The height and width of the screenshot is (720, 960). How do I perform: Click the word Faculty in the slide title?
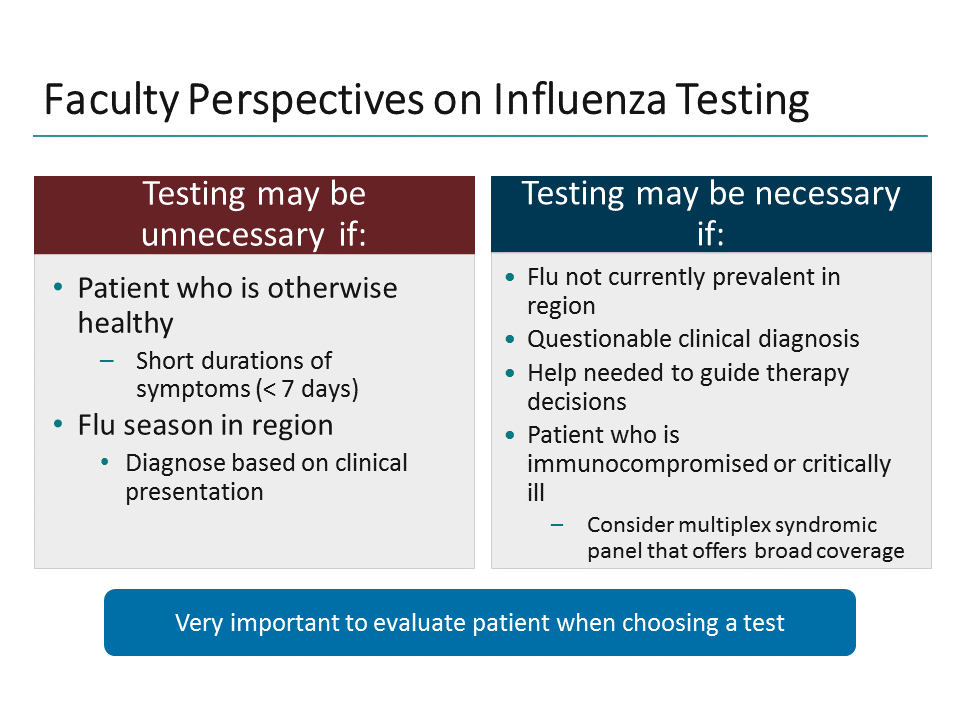pyautogui.click(x=111, y=101)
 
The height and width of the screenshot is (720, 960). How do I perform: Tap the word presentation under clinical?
pyautogui.click(x=194, y=492)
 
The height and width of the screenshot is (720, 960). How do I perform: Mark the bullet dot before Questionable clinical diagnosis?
pyautogui.click(x=512, y=340)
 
